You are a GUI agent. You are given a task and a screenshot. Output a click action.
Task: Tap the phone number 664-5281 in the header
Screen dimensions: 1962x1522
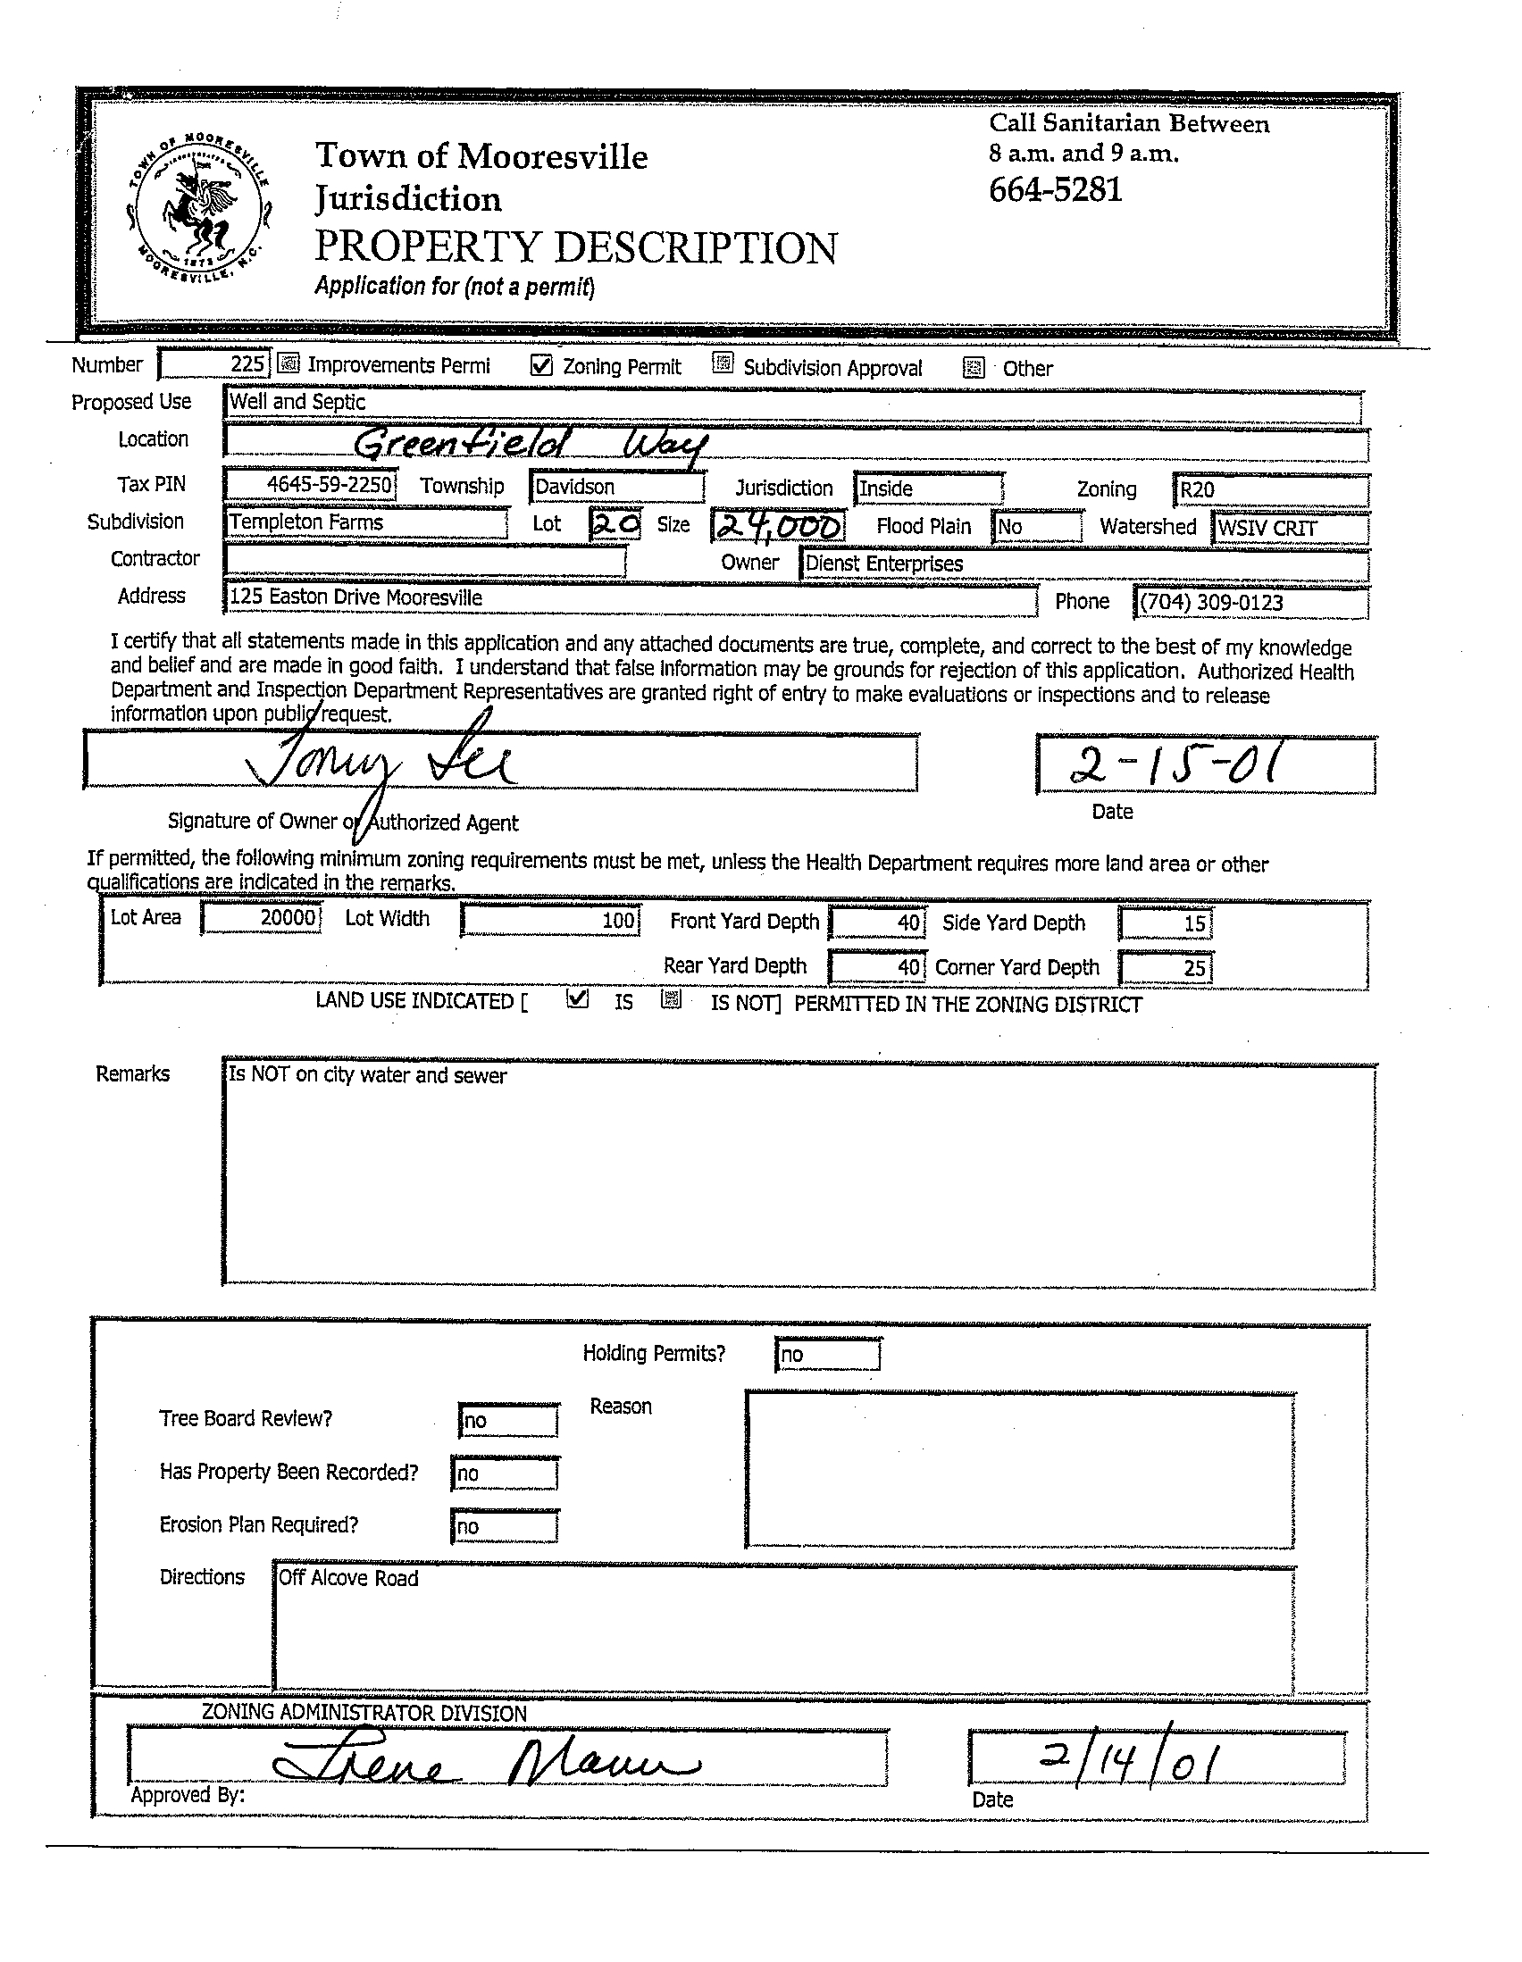[1056, 190]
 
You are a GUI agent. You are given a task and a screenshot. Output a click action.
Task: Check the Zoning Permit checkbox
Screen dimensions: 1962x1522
[541, 365]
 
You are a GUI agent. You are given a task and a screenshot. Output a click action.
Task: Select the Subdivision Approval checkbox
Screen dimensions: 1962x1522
[723, 363]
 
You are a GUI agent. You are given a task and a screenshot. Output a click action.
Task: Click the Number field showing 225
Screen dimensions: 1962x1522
[213, 363]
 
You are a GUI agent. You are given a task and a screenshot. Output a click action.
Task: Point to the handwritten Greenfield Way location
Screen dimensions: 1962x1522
[530, 444]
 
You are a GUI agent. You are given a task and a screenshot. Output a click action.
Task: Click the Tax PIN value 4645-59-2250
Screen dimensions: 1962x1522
[310, 485]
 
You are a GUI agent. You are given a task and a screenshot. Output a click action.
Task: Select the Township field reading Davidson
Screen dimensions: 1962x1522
[616, 487]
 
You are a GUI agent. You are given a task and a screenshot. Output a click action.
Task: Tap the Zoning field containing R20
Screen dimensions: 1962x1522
[1269, 490]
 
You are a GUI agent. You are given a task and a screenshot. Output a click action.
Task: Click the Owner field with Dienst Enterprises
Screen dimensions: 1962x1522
[1083, 564]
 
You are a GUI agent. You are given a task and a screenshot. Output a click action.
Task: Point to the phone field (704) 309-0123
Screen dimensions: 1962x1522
[1250, 603]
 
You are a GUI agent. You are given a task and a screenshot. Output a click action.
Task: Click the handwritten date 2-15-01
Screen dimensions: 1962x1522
[1175, 766]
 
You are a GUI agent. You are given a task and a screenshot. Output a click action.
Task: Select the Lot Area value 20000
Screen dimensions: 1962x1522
[262, 918]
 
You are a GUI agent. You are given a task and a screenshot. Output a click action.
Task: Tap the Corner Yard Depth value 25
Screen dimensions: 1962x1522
[1167, 967]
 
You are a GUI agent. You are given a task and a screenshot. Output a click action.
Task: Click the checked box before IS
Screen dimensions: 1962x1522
[579, 1000]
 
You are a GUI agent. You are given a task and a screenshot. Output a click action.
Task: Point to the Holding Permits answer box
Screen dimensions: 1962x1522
[826, 1354]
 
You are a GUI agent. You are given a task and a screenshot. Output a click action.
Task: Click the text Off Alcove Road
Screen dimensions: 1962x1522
[348, 1578]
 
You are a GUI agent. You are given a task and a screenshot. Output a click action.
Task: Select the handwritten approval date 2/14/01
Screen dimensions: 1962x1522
[1129, 1762]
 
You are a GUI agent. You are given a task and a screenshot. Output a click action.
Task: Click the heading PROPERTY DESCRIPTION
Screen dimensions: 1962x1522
[576, 248]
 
